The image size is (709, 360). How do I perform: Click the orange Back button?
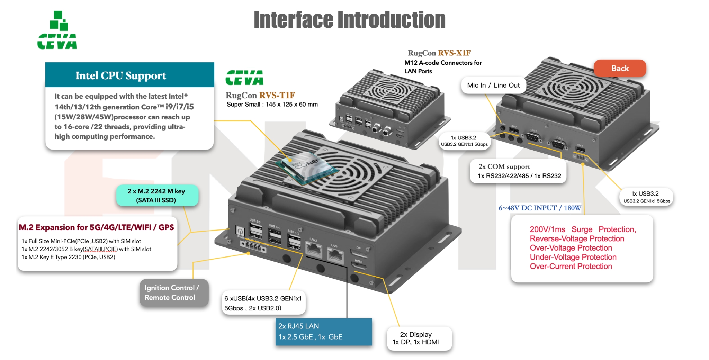(x=620, y=68)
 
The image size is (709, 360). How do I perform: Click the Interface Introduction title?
(x=350, y=20)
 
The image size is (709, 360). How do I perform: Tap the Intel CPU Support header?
(x=121, y=75)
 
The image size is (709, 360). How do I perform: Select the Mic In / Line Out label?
(x=493, y=85)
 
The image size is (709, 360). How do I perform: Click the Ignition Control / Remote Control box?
(x=174, y=292)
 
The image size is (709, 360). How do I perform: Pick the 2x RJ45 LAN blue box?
(x=323, y=332)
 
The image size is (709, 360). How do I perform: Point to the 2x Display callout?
(x=419, y=339)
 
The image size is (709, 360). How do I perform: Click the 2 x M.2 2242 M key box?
(x=156, y=196)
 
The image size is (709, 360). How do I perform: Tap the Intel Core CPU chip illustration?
(x=306, y=168)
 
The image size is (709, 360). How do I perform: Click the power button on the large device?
(x=240, y=231)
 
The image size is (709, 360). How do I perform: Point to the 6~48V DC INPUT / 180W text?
(x=540, y=208)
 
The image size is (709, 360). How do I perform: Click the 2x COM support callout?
(x=518, y=171)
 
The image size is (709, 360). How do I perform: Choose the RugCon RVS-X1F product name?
(x=439, y=53)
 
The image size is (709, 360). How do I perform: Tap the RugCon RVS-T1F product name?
(x=260, y=95)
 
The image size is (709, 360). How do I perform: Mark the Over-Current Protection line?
(x=571, y=267)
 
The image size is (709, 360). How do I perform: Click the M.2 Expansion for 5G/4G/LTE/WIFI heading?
(x=96, y=227)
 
